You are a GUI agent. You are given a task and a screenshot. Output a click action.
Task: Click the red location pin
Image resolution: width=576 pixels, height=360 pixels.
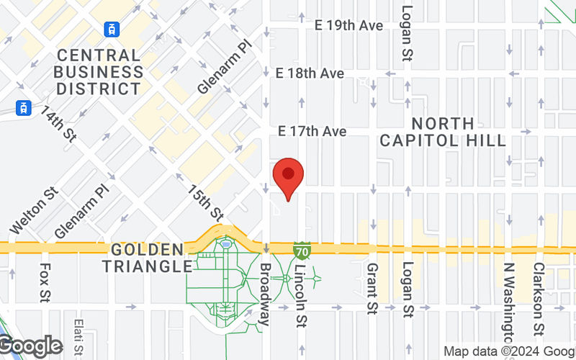coord(289,177)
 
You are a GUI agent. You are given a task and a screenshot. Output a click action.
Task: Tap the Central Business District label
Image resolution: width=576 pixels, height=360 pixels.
coord(99,72)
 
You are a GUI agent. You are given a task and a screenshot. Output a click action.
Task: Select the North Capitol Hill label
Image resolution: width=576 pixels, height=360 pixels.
coord(443,132)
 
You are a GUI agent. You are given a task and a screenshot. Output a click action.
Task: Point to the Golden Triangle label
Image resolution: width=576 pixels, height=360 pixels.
coord(148,258)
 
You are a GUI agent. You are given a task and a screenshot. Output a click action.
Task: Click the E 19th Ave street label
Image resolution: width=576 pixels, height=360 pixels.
coord(348,26)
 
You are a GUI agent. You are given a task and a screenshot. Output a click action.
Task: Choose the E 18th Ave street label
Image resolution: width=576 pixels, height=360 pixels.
coord(310,73)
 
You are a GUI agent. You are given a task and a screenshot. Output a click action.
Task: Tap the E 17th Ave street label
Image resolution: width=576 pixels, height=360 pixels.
coord(313,131)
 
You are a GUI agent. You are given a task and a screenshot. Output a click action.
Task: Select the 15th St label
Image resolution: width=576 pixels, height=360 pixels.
coord(206,202)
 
